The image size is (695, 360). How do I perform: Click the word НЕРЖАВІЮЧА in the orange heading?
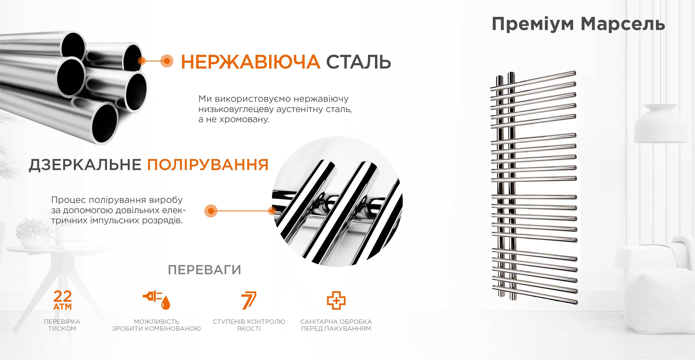250,62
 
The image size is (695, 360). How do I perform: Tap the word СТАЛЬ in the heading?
359,62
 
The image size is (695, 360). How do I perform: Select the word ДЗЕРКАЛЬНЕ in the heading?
85,165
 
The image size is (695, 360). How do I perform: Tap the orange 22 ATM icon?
63,300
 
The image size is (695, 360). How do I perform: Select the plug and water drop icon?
157,300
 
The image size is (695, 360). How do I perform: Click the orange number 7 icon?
249,300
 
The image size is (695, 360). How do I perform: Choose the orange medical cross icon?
336,300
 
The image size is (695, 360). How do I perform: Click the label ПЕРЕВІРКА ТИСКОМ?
62,325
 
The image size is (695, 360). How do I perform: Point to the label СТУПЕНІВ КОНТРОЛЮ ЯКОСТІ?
249,325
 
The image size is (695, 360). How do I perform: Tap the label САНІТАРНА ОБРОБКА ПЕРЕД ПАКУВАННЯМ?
336,325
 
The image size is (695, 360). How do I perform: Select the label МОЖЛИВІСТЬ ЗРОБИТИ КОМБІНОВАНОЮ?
157,325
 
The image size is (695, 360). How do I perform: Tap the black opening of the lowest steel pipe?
105,123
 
